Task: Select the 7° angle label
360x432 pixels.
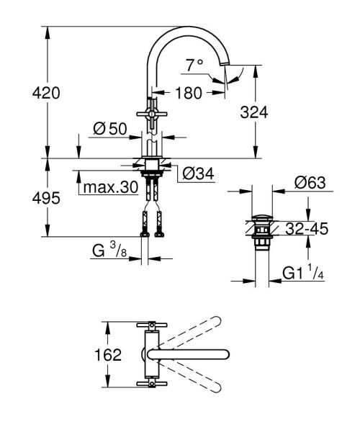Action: point(194,65)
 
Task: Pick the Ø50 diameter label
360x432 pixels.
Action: point(110,129)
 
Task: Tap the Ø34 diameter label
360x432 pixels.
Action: point(197,174)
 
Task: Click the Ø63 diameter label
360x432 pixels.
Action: point(310,183)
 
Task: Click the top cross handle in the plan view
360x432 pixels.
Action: point(152,324)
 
